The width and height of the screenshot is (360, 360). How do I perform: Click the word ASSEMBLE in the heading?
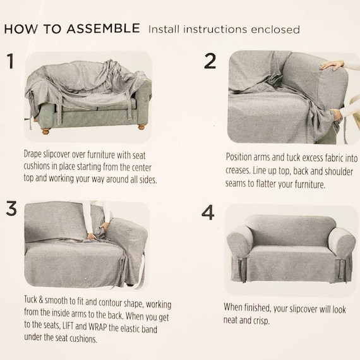pyautogui.click(x=104, y=28)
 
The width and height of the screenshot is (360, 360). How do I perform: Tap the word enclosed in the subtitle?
pyautogui.click(x=275, y=30)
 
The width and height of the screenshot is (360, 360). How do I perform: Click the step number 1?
pyautogui.click(x=10, y=61)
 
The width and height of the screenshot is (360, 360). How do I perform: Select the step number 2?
pyautogui.click(x=210, y=61)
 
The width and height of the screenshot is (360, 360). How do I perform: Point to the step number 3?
pyautogui.click(x=11, y=208)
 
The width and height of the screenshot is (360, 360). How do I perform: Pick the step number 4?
pyautogui.click(x=208, y=213)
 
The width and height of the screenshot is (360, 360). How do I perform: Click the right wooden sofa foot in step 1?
pyautogui.click(x=141, y=127)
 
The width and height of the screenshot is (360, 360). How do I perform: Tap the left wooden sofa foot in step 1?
pyautogui.click(x=45, y=131)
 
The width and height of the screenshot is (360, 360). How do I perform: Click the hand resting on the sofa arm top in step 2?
pyautogui.click(x=332, y=66)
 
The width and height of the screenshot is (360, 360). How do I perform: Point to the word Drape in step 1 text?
pyautogui.click(x=33, y=154)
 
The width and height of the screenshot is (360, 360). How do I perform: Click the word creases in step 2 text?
pyautogui.click(x=237, y=171)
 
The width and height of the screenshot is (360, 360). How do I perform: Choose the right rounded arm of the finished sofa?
pyautogui.click(x=339, y=243)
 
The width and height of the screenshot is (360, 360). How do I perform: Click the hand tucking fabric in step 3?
pyautogui.click(x=92, y=236)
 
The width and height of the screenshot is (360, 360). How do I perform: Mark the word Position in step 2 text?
pyautogui.click(x=239, y=157)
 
